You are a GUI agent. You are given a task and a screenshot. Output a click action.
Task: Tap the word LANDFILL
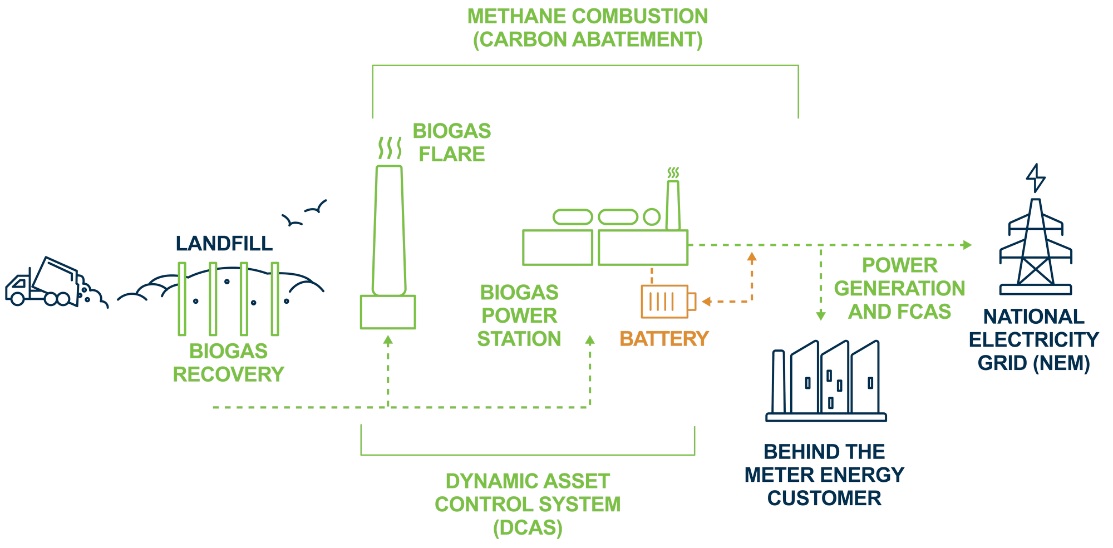coord(224,244)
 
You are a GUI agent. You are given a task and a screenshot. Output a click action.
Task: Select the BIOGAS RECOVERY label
coord(228,363)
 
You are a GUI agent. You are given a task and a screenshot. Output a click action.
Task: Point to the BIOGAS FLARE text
coord(451,142)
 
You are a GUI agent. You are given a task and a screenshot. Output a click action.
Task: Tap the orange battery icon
coord(667,302)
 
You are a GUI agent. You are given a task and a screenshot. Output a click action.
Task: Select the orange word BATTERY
coord(664,339)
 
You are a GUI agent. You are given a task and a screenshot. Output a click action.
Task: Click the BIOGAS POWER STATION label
coord(519,315)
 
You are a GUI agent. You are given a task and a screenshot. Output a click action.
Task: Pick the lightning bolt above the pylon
coord(1036,177)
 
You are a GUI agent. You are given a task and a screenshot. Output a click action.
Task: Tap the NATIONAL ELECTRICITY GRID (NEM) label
coord(1033,340)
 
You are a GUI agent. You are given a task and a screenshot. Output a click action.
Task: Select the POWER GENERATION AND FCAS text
coord(899,289)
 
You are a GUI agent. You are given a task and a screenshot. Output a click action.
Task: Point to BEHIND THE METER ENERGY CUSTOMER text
coord(824,475)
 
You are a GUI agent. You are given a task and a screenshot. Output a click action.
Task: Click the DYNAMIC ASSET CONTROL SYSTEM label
coord(528,504)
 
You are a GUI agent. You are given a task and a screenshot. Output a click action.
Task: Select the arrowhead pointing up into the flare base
coord(388,340)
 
